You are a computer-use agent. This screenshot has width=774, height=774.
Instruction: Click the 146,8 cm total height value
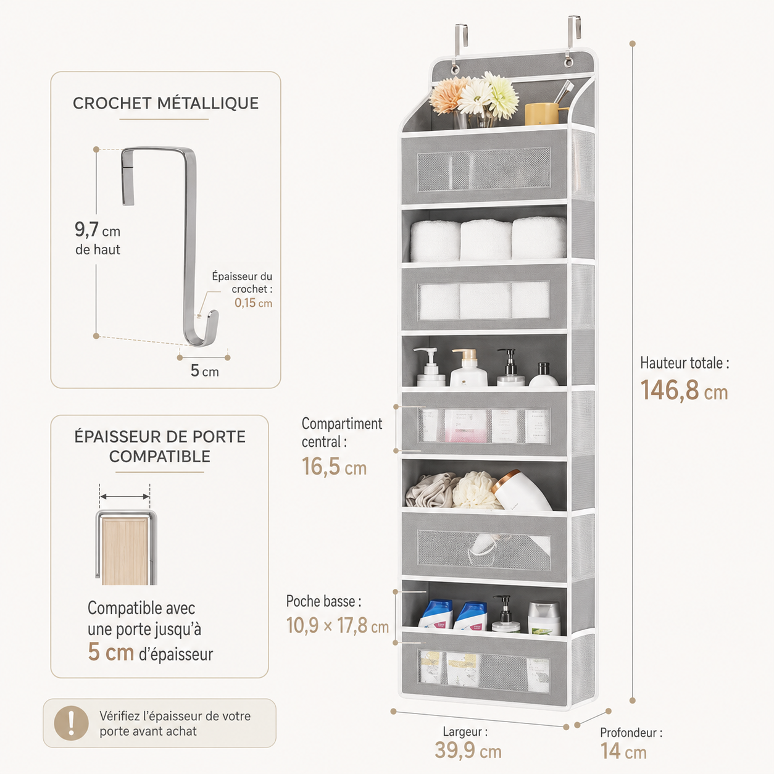[684, 390]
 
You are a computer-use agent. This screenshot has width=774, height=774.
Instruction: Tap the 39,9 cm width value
[468, 751]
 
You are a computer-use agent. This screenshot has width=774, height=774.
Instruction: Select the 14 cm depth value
[623, 751]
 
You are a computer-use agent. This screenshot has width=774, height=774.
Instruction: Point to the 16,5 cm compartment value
[334, 467]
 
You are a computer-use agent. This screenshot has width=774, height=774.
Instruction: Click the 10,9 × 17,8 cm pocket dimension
[338, 625]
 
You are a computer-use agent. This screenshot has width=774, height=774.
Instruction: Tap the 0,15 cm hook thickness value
[254, 303]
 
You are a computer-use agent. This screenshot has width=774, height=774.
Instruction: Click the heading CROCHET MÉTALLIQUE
[165, 103]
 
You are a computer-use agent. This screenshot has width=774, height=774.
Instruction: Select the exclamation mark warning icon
[72, 723]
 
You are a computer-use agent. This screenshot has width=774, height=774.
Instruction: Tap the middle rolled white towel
[486, 239]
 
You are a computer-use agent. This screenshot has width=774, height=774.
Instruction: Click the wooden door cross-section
[125, 551]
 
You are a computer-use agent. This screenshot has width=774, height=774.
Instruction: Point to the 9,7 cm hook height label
[98, 238]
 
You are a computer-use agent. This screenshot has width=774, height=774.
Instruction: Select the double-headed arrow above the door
[125, 496]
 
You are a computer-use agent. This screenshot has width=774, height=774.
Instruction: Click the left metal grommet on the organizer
[454, 69]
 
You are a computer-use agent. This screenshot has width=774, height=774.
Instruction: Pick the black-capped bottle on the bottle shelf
[543, 375]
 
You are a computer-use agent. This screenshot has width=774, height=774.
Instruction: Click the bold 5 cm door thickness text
[111, 652]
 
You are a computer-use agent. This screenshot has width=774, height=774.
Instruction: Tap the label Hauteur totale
[685, 363]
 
